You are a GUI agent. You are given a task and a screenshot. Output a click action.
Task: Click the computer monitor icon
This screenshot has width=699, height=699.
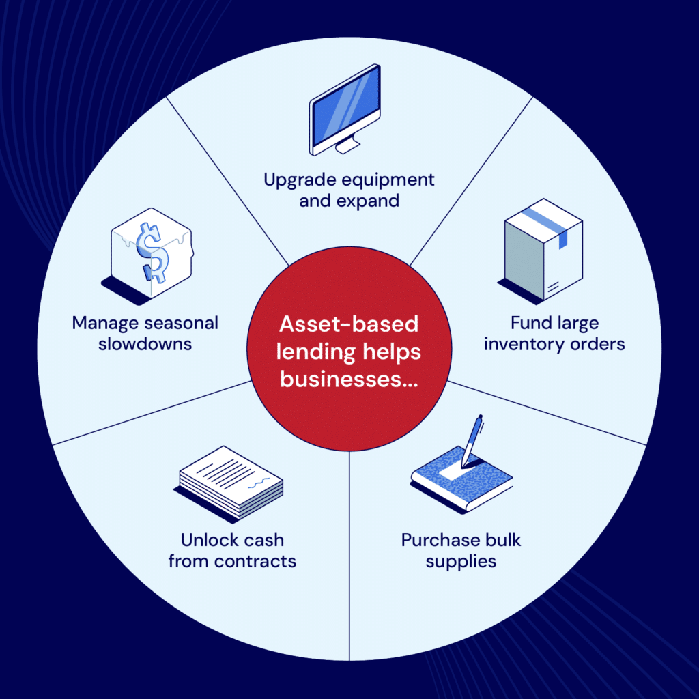coord(345,109)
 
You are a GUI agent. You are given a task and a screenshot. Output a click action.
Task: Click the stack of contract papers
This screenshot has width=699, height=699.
coord(232,482)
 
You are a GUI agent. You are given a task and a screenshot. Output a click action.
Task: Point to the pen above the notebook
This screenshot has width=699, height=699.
coord(472,440)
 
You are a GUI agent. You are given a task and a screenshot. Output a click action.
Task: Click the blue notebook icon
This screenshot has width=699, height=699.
coord(461,478)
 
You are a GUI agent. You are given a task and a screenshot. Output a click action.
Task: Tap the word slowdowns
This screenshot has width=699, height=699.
coord(145,344)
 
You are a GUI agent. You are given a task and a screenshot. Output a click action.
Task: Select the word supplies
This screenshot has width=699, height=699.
coord(461,562)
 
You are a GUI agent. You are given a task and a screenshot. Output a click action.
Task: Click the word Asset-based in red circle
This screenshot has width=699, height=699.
coord(349,324)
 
